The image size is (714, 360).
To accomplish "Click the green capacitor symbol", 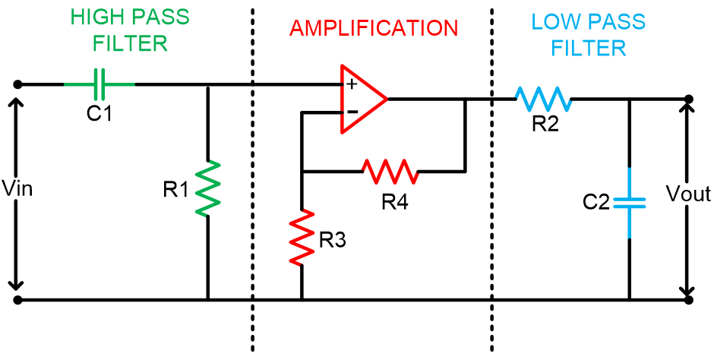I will [100, 84].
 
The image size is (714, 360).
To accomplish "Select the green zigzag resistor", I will [207, 188].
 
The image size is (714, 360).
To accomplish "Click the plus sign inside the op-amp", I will [352, 84].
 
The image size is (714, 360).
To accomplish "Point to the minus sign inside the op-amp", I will [352, 112].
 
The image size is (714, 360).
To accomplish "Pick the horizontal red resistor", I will [390, 172].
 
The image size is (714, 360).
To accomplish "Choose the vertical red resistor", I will [302, 237].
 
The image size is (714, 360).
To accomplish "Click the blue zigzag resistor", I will [543, 99].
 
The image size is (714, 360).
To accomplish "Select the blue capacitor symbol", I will [630, 203].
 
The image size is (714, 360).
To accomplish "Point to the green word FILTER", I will [130, 44].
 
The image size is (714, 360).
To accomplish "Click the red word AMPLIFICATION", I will [374, 29].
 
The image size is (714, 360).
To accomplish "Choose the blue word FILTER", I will [589, 49].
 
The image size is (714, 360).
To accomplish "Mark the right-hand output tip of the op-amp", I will [387, 99].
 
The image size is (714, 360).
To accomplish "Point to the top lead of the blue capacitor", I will [630, 181].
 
